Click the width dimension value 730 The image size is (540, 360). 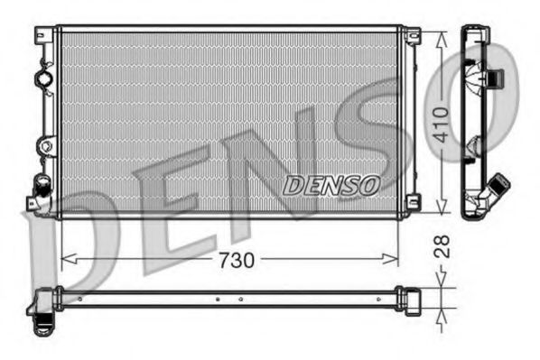pyautogui.click(x=237, y=259)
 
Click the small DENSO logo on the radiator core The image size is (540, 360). pyautogui.click(x=331, y=186)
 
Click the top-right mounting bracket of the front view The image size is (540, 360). pyautogui.click(x=412, y=36)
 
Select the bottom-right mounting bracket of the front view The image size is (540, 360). pyautogui.click(x=412, y=205)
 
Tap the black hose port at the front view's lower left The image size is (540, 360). pyautogui.click(x=40, y=187)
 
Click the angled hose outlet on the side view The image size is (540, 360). pyautogui.click(x=496, y=188)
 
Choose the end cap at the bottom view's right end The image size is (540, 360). pyautogui.click(x=411, y=298)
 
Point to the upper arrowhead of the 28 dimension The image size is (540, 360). pyautogui.click(x=441, y=282)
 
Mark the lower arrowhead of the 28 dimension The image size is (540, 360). pyautogui.click(x=441, y=317)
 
